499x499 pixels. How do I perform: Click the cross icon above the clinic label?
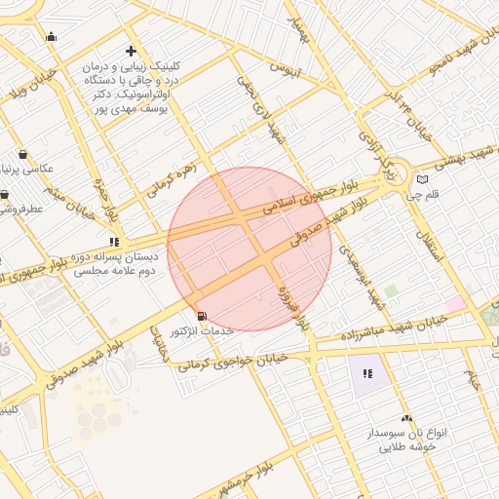point(132,51)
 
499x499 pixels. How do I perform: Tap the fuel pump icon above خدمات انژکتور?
point(202,316)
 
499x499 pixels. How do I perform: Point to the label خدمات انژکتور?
point(203,331)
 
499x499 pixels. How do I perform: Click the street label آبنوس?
point(288,69)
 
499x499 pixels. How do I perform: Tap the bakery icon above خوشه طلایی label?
point(406,417)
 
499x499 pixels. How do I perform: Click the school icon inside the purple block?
point(367,372)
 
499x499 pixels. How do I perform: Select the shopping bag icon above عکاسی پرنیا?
point(22,154)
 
